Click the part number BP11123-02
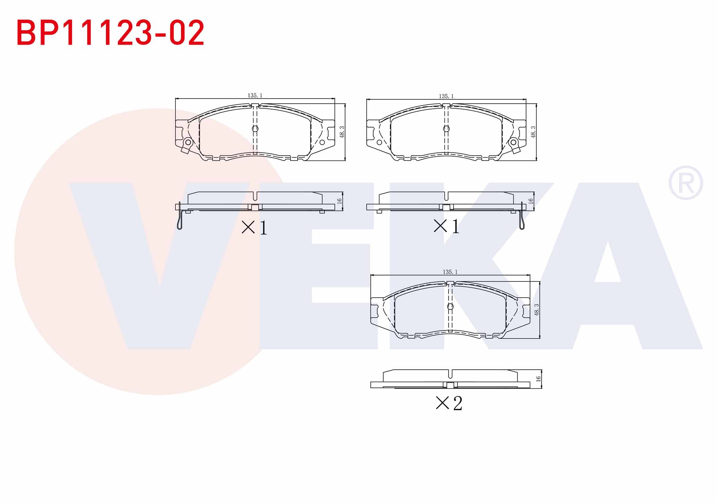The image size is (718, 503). click(110, 33)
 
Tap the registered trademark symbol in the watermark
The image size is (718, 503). click(686, 183)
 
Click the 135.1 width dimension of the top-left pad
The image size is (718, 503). click(255, 95)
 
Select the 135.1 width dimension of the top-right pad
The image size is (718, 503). click(446, 96)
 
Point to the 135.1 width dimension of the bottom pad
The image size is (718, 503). click(450, 272)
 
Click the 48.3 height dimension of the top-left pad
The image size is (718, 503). click(342, 132)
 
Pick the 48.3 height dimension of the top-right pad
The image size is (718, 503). click(533, 132)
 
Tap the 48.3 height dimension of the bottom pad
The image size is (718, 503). click(537, 310)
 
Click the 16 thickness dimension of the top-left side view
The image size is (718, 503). click(340, 201)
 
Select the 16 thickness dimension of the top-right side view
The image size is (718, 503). click(531, 201)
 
